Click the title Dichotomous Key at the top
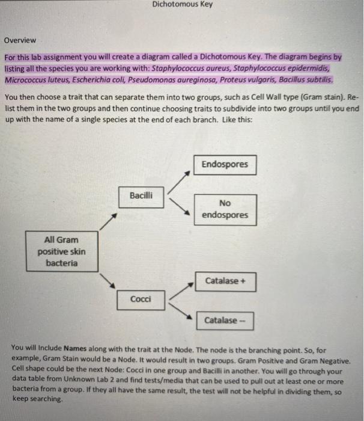click(182, 5)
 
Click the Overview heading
click(20, 40)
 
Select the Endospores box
click(225, 164)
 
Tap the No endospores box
click(225, 209)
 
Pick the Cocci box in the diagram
click(141, 299)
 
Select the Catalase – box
click(223, 321)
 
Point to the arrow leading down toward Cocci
click(108, 280)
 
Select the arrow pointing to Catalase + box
click(181, 288)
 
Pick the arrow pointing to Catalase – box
click(181, 311)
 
